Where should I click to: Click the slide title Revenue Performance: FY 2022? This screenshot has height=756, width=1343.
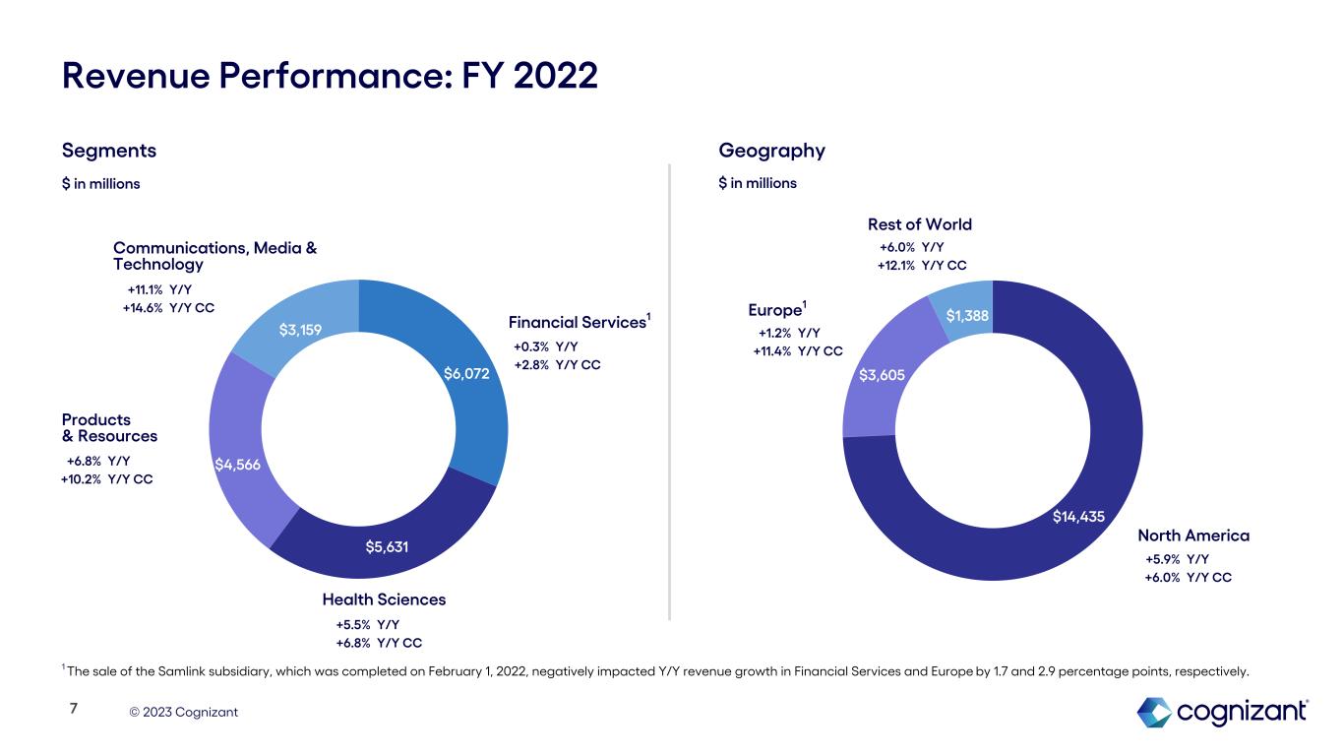[330, 75]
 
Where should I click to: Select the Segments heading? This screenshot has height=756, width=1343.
[108, 151]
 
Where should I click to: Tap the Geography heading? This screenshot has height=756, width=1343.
[771, 151]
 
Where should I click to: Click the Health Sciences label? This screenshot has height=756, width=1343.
[384, 599]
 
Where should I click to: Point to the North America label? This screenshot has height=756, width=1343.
[1192, 535]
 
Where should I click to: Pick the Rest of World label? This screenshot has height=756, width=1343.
[919, 224]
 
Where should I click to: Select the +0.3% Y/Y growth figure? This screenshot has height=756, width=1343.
[545, 346]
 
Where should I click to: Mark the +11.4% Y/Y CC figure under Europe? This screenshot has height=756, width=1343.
[797, 350]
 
